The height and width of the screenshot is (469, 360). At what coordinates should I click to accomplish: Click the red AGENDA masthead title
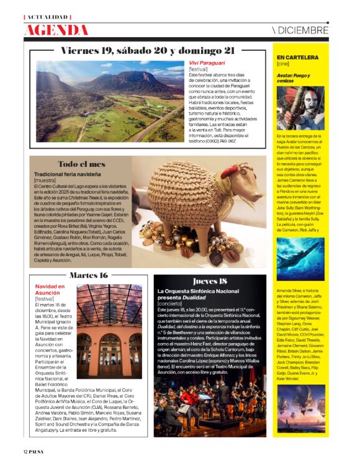(56, 30)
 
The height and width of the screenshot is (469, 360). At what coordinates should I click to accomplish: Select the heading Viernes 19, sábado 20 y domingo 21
(148, 50)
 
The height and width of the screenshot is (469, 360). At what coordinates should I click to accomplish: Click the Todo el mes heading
(81, 164)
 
